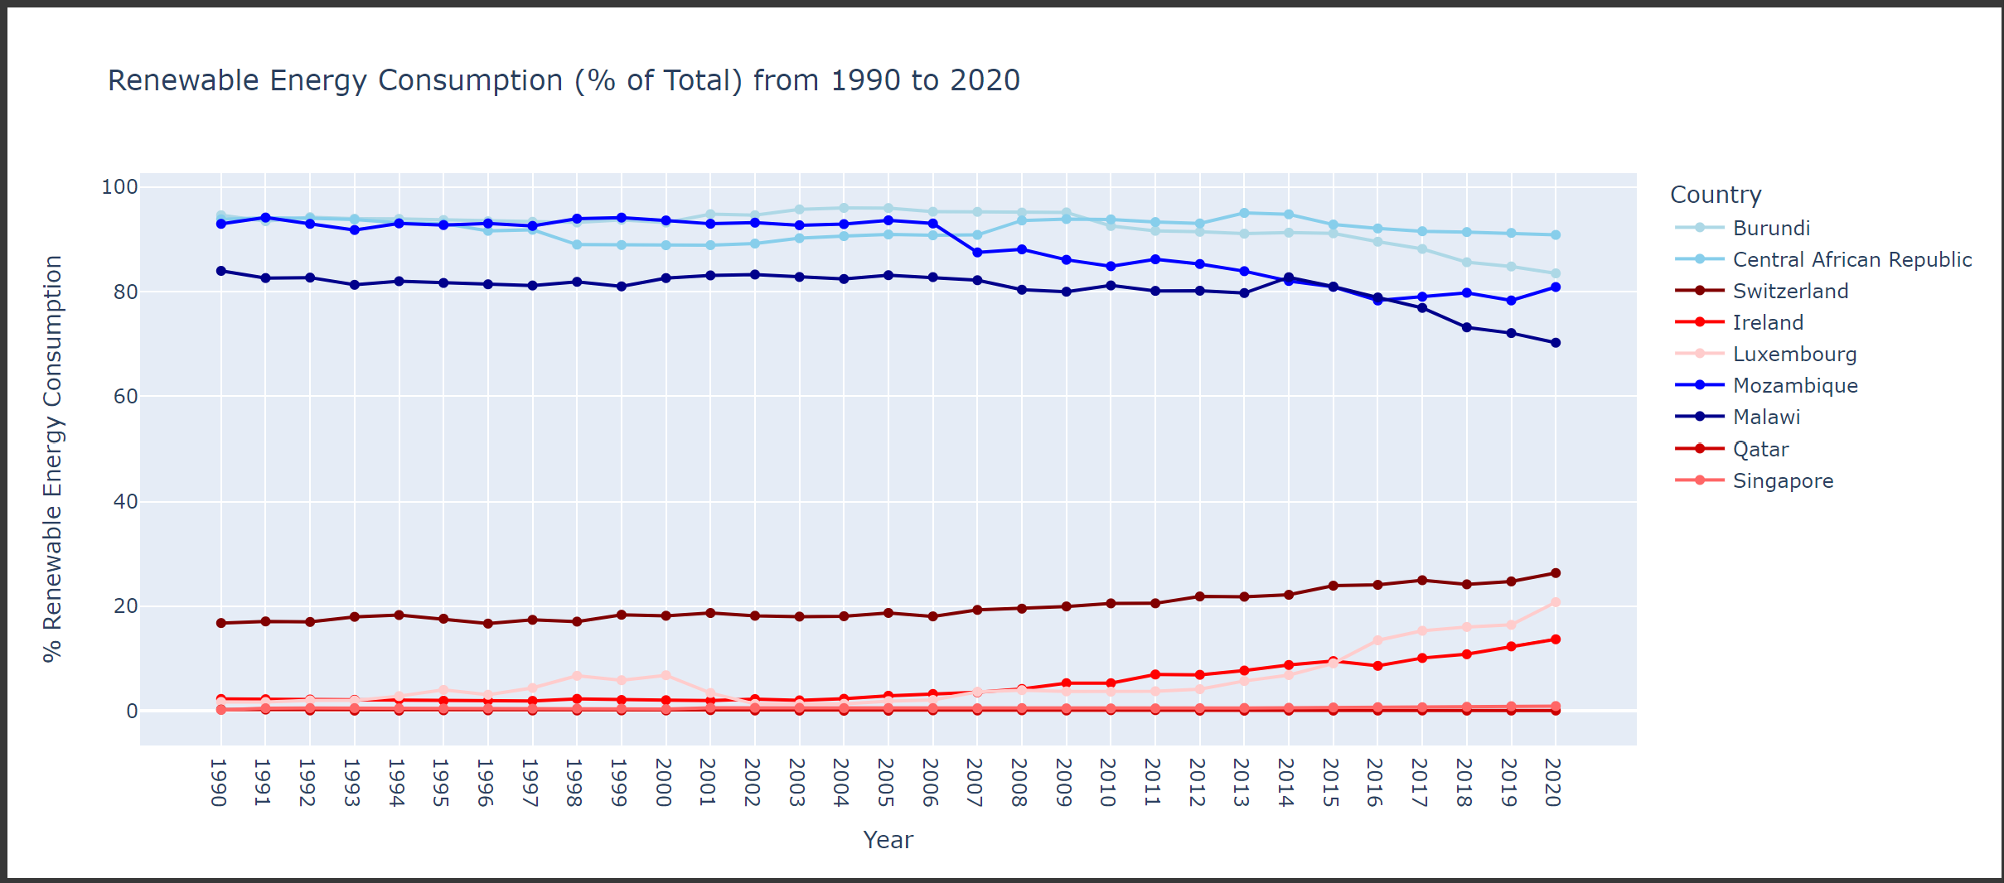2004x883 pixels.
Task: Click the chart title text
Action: (564, 80)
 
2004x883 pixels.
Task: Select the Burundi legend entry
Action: (1771, 228)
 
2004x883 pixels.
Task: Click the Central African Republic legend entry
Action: (1852, 259)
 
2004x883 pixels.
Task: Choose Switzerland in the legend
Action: (1790, 291)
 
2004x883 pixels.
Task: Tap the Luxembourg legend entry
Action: (1794, 354)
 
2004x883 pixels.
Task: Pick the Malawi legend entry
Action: (1766, 417)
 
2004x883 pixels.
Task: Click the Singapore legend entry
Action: (1783, 480)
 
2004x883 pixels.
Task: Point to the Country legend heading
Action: (1715, 195)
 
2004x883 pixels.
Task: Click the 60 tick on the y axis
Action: (126, 397)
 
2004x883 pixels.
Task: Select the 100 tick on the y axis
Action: (119, 187)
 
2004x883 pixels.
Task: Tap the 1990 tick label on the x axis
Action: (219, 782)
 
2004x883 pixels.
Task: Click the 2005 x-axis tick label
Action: (886, 782)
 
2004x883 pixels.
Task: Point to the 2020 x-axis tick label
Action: (1554, 782)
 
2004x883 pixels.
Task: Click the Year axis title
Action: (888, 840)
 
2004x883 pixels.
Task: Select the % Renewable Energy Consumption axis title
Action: (53, 458)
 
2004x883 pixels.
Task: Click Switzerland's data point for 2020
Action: (1555, 573)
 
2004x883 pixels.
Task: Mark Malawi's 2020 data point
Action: (1555, 343)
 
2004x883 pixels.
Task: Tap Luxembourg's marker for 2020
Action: (1555, 602)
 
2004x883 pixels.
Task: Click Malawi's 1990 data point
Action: (221, 271)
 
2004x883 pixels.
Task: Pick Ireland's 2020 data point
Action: (1555, 639)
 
